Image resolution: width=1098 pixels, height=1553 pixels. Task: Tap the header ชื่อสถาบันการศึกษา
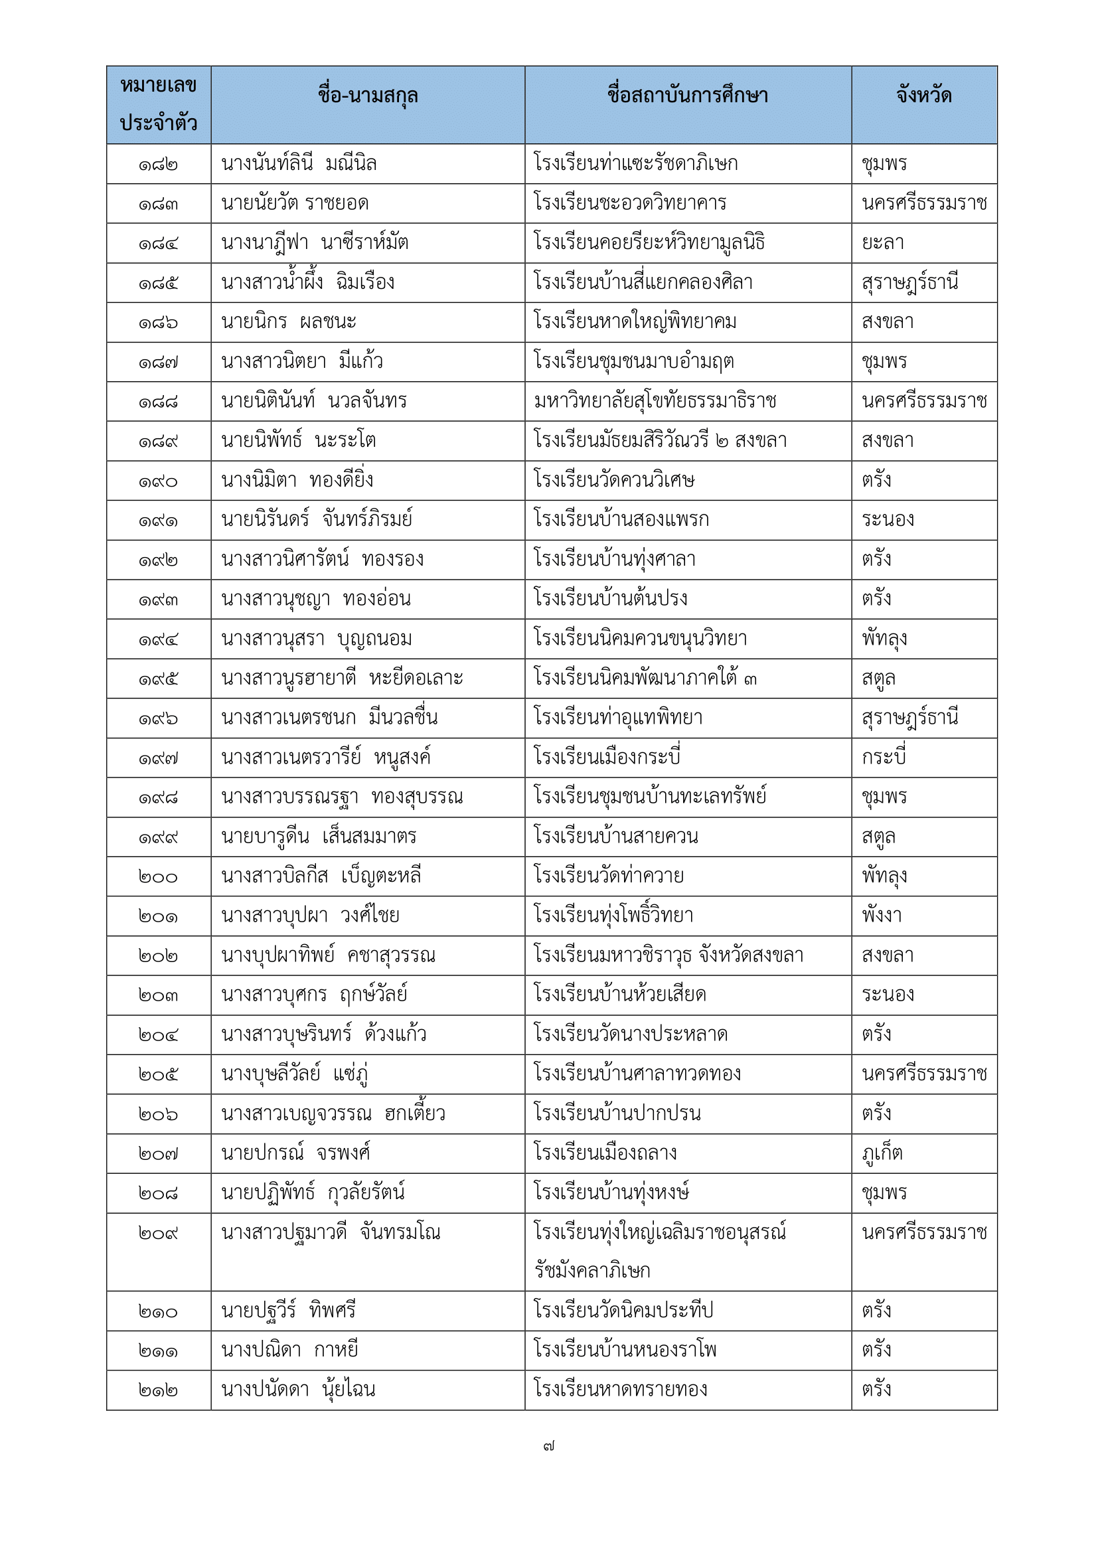(687, 96)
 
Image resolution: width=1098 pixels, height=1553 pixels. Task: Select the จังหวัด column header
(923, 96)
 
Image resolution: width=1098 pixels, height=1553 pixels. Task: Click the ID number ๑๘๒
(158, 165)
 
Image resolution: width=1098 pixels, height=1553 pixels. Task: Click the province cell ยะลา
(882, 243)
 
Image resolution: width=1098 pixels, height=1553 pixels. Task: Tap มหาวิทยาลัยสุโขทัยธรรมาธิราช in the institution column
(655, 401)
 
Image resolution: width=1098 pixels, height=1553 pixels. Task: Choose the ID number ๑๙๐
(158, 481)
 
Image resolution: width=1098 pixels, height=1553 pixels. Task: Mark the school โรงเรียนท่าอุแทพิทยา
(617, 718)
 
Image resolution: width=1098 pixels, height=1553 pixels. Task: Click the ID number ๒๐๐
(158, 876)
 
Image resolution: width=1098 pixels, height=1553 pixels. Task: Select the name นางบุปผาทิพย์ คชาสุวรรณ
(328, 955)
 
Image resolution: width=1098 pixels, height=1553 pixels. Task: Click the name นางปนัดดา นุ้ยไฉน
(297, 1390)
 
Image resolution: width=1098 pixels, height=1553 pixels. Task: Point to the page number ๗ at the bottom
(548, 1447)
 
